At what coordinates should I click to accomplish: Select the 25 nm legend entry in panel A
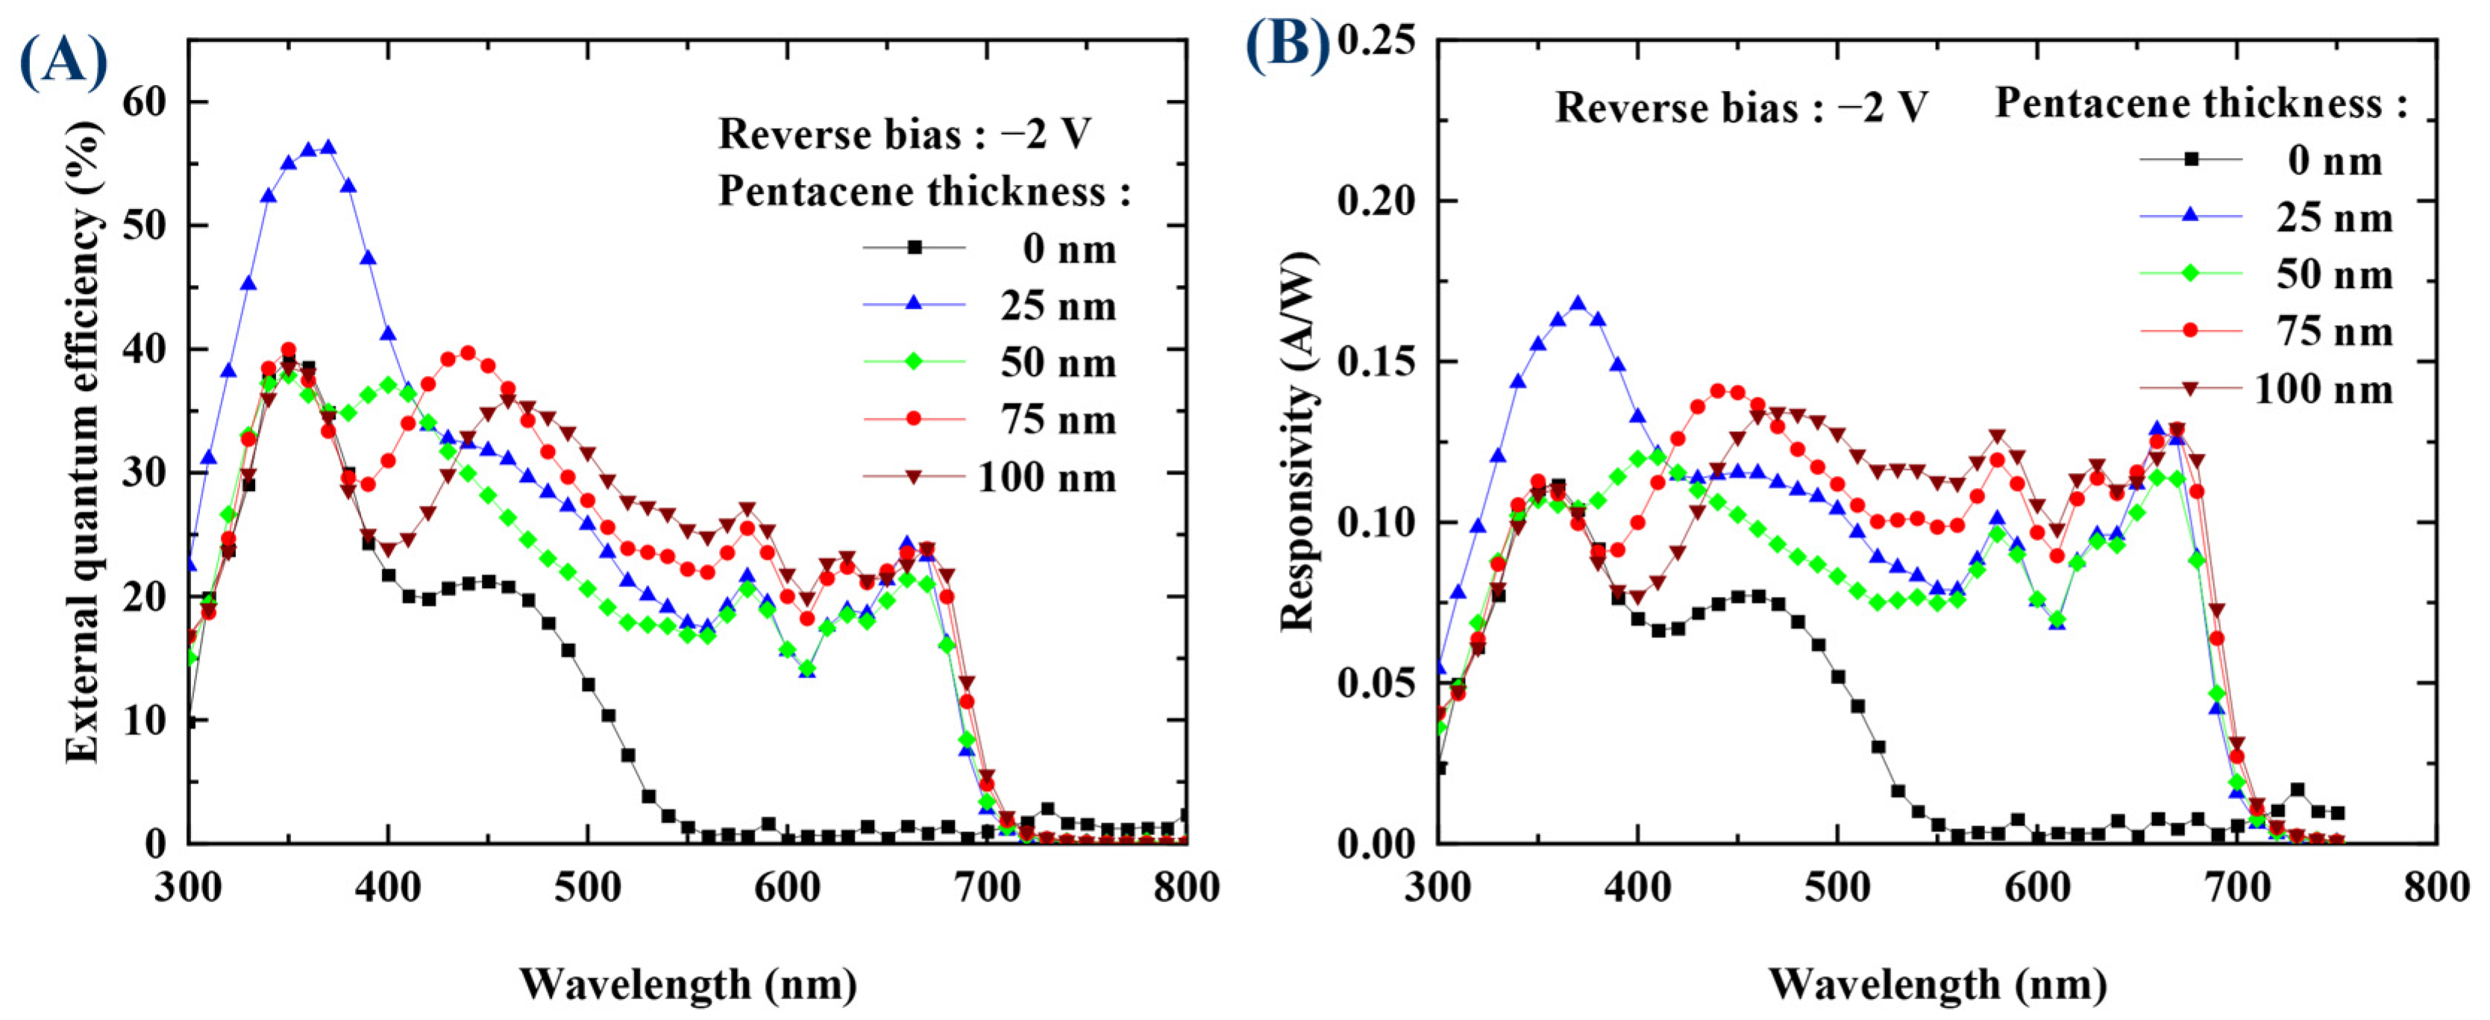[1059, 307]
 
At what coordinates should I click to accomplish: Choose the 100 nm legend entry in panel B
[2324, 389]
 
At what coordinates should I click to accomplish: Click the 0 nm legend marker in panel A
[914, 248]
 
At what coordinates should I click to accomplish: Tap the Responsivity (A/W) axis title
[1298, 442]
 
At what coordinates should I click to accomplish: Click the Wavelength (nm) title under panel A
[689, 984]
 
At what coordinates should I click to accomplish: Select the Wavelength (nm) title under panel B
[1937, 984]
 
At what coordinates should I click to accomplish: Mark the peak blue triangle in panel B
[1578, 304]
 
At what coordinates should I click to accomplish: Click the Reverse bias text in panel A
[904, 134]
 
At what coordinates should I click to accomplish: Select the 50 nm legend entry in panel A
[1059, 363]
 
